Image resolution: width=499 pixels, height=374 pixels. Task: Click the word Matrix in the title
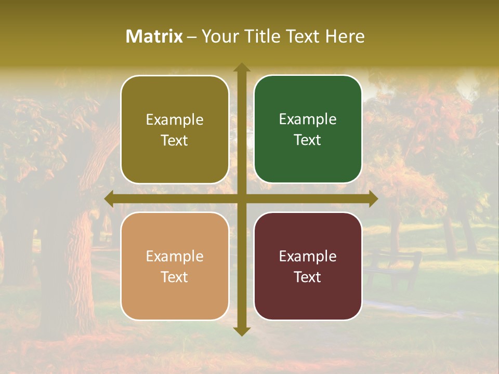[x=154, y=36]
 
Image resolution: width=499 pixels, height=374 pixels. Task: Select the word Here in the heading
[x=345, y=36]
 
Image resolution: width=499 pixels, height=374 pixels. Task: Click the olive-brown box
[x=175, y=129]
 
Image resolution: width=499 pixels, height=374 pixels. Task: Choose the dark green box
[x=308, y=129]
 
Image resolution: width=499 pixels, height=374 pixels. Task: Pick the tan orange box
[x=175, y=266]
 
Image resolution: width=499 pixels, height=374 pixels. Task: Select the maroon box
[x=308, y=266]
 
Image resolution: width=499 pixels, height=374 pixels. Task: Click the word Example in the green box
[x=308, y=119]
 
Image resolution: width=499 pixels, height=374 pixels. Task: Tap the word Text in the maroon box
[x=308, y=277]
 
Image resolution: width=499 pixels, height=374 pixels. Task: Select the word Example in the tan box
[x=175, y=256]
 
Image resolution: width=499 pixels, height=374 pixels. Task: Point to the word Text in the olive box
[x=175, y=140]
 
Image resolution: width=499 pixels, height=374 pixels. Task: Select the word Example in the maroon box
[x=308, y=256]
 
